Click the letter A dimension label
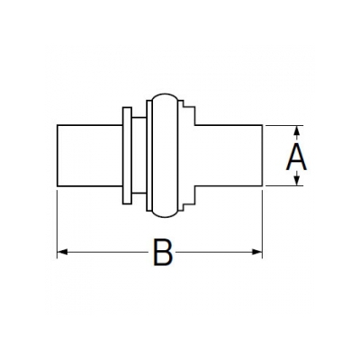[x=296, y=157]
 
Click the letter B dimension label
[x=163, y=252]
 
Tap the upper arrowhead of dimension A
[x=296, y=130]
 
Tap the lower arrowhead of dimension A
[x=296, y=180]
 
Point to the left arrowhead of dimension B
[x=62, y=252]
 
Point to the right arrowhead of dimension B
[x=257, y=252]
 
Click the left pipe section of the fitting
[x=90, y=156]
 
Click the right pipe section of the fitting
[x=229, y=156]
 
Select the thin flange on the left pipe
[x=127, y=156]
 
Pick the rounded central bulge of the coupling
[x=165, y=156]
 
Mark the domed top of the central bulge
[x=165, y=94]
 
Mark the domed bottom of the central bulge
[x=165, y=217]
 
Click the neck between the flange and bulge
[x=139, y=156]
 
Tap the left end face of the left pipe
[x=57, y=156]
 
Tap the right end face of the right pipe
[x=263, y=156]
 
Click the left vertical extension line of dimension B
[x=57, y=223]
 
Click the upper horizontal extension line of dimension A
[x=284, y=125]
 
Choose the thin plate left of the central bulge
[x=149, y=156]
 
